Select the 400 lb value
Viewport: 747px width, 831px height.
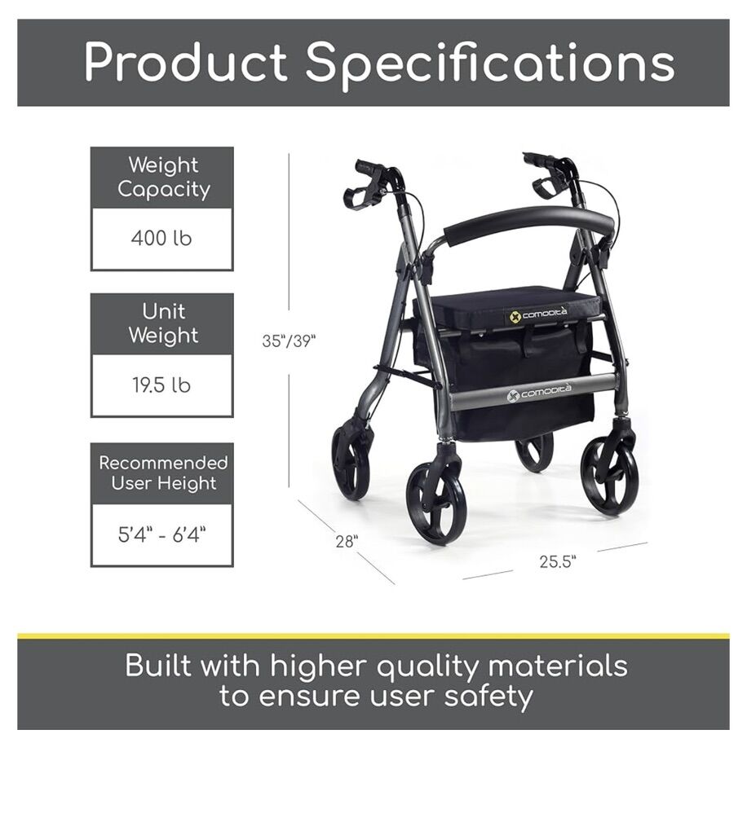(x=161, y=239)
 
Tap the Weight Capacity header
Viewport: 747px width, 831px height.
(x=163, y=177)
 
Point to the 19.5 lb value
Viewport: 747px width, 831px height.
(x=161, y=385)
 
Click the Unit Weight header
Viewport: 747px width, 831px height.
(x=163, y=323)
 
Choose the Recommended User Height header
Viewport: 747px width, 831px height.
(x=163, y=473)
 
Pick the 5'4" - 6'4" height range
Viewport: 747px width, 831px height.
(x=161, y=534)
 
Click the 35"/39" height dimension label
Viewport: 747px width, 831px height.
(x=289, y=341)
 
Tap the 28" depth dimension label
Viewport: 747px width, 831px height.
(x=347, y=542)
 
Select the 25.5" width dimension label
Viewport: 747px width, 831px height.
(x=557, y=561)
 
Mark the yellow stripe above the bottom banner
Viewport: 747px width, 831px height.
(x=373, y=635)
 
